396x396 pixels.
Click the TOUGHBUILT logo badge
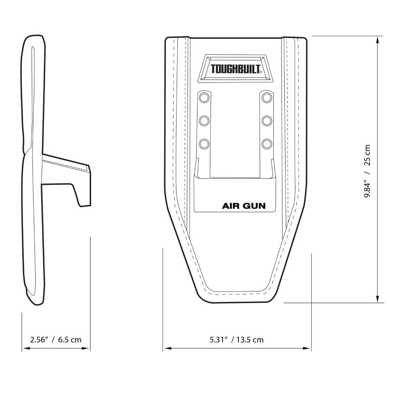236,69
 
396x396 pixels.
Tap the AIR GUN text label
244,206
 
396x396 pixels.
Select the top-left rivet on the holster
204,97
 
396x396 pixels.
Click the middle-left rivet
204,120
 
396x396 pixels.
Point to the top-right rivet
267,97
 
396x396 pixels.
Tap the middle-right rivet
267,120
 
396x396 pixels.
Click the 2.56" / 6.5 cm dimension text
55,339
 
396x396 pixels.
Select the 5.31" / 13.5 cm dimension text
236,339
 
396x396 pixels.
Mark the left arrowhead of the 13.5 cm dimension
167,348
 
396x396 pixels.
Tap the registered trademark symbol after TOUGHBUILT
260,72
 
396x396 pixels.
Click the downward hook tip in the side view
84,200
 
